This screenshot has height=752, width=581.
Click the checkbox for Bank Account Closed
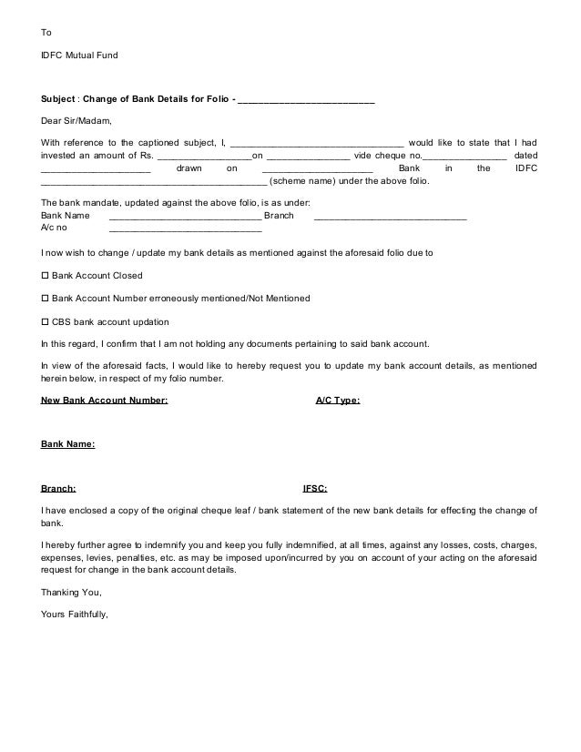tap(46, 275)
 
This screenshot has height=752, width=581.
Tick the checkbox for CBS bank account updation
tap(46, 322)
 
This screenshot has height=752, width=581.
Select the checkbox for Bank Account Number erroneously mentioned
tap(46, 299)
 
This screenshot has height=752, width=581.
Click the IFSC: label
tap(315, 489)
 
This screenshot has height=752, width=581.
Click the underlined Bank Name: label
tap(68, 444)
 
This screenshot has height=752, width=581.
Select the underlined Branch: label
tap(59, 489)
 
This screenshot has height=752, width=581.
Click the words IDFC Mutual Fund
tap(80, 56)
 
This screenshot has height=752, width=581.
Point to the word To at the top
tap(46, 33)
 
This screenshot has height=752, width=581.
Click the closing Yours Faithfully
tap(75, 614)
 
